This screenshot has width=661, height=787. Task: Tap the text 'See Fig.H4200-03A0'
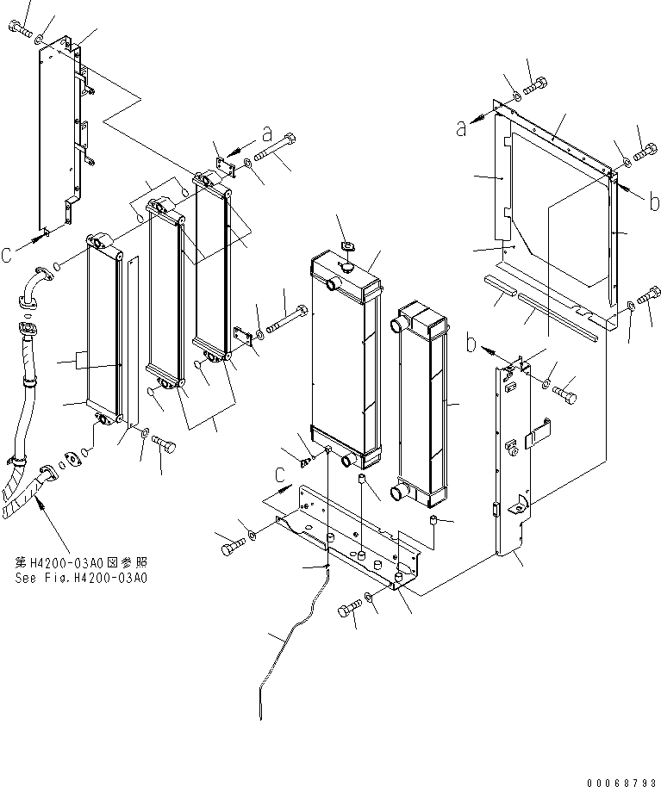coord(81,578)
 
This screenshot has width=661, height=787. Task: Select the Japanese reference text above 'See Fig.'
coord(81,561)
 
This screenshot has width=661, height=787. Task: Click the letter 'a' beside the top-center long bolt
coord(267,133)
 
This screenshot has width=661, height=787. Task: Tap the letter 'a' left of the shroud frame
coord(462,127)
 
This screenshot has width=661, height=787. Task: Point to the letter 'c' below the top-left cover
coord(7,255)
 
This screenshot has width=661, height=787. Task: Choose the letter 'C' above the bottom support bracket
coord(279,474)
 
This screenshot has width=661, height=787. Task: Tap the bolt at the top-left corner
coord(22,32)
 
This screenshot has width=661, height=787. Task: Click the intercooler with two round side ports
coord(422,405)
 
